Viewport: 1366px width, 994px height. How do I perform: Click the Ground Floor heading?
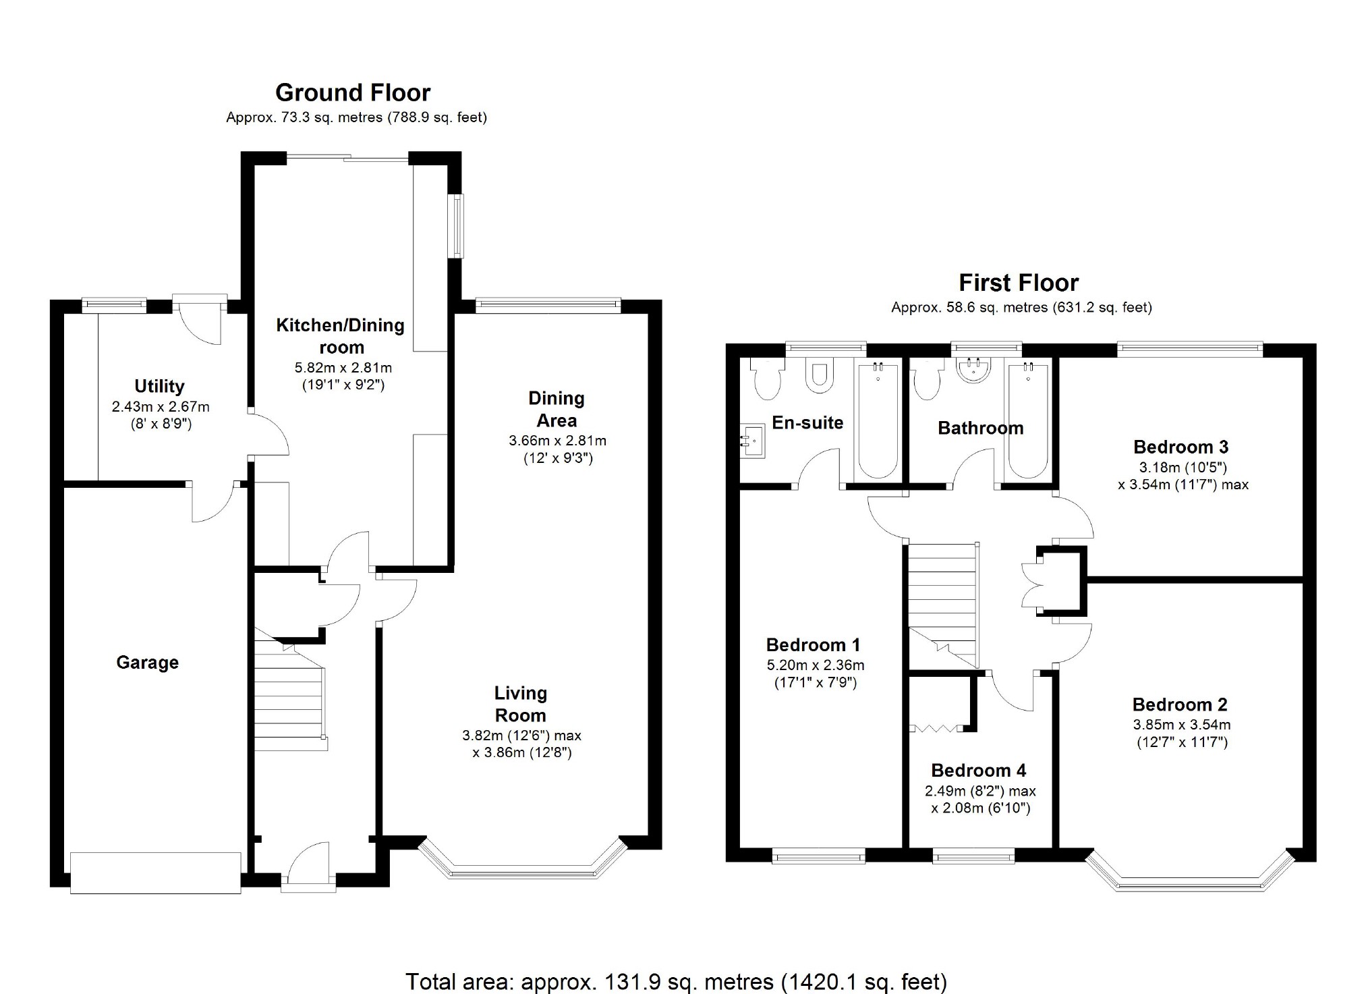[352, 92]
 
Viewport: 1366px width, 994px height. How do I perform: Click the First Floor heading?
[1019, 282]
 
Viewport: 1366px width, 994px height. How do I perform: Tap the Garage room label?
[147, 663]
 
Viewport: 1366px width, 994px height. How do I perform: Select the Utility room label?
[159, 386]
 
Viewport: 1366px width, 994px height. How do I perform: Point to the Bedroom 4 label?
[978, 771]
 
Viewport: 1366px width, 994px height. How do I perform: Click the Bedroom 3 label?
[1180, 447]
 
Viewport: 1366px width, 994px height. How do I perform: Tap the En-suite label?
[807, 422]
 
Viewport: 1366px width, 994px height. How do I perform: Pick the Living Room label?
[520, 704]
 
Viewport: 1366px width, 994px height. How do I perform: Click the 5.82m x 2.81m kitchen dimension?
[343, 368]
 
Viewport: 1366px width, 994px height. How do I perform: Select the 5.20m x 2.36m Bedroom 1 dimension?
[815, 665]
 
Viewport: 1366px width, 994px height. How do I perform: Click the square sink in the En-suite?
[753, 441]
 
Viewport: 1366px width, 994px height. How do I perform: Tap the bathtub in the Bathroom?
[1028, 421]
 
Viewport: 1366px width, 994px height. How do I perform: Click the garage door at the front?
[155, 873]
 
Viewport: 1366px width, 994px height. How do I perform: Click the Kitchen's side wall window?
[458, 226]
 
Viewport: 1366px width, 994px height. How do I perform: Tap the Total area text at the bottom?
[676, 981]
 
